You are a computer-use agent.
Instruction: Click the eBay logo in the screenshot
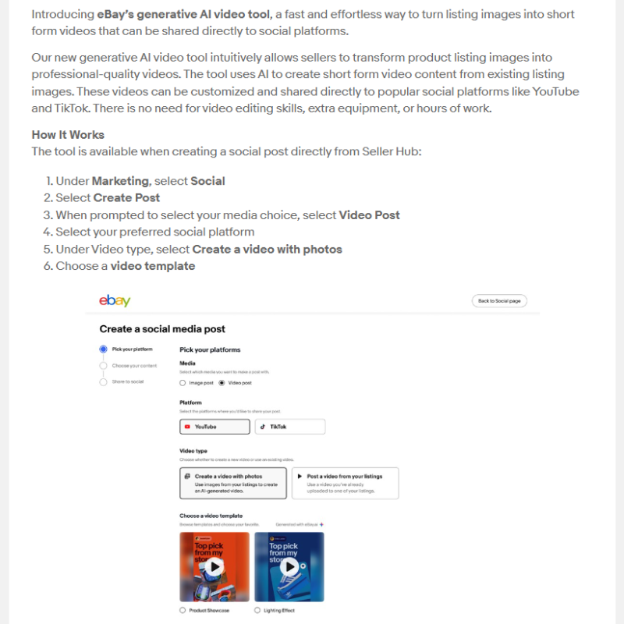(x=115, y=301)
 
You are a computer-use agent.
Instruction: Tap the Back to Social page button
(x=499, y=301)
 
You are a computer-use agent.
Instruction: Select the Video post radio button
(x=222, y=383)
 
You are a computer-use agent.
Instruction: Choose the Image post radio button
(x=183, y=383)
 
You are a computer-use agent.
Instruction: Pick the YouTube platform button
(x=214, y=427)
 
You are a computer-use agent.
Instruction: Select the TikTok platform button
(x=289, y=427)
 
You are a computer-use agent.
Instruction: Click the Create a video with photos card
(x=232, y=484)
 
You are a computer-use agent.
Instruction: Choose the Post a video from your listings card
(x=345, y=484)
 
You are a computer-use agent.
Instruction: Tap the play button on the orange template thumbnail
(x=214, y=566)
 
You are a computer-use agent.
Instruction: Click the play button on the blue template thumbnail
(x=289, y=566)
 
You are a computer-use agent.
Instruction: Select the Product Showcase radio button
(x=183, y=610)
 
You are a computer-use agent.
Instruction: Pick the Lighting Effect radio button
(x=257, y=610)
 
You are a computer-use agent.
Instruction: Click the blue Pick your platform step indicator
(x=104, y=349)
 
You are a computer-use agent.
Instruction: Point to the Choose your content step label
(x=134, y=365)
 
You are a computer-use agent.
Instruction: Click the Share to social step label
(x=128, y=381)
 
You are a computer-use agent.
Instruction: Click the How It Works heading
(x=68, y=135)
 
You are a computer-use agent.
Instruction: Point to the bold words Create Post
(x=126, y=198)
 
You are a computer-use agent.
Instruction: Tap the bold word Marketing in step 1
(x=120, y=181)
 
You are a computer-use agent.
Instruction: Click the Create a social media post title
(x=162, y=329)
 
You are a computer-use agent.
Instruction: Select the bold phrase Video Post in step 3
(x=369, y=215)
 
